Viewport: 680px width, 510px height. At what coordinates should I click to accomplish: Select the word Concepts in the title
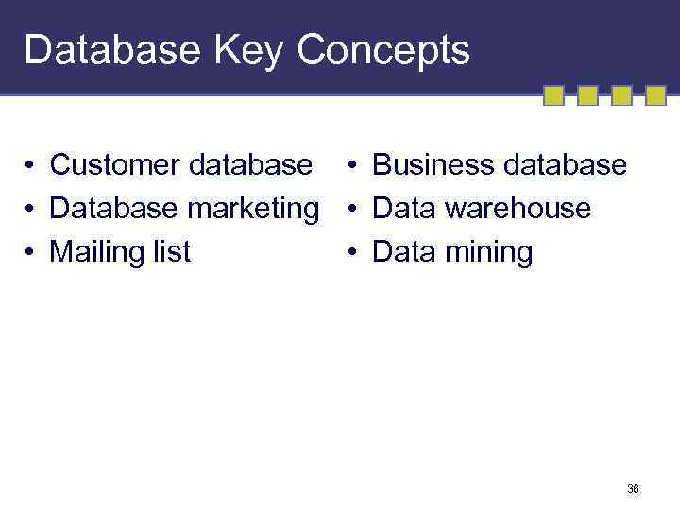(x=382, y=50)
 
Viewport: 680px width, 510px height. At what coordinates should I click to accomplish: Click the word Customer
(x=115, y=165)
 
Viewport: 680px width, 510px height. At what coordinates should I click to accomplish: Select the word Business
(x=433, y=165)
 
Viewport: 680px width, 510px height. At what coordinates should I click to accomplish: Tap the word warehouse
(x=518, y=209)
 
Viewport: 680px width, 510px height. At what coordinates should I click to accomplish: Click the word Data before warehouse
(x=404, y=209)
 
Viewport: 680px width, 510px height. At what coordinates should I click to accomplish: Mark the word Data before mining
(x=404, y=252)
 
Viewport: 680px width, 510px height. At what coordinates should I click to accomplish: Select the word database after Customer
(x=250, y=165)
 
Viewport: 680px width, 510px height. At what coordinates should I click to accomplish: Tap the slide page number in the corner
(x=633, y=489)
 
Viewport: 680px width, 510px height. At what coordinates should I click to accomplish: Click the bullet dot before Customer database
(x=31, y=167)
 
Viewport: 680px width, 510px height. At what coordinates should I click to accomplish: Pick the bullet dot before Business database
(x=351, y=167)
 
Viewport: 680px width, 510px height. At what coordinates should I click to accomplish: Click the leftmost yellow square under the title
(x=554, y=95)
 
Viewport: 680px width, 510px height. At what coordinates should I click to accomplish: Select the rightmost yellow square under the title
(x=656, y=95)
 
